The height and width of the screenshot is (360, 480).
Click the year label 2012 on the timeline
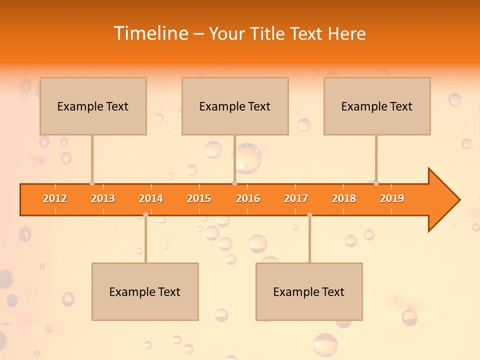[55, 198]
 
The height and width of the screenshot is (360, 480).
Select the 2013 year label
[103, 198]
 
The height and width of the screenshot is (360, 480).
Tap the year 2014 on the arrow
[151, 198]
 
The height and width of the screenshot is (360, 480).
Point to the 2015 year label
[199, 198]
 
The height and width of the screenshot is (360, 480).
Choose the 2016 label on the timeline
[248, 198]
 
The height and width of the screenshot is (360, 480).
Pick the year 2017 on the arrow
[296, 198]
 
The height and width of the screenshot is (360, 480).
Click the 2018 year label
[344, 198]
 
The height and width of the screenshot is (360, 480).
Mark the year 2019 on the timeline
[392, 198]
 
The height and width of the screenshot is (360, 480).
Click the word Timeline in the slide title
[150, 33]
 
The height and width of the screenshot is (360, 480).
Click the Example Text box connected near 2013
[93, 106]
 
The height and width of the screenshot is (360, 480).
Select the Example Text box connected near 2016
[235, 106]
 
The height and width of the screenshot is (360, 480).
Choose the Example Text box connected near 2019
[377, 106]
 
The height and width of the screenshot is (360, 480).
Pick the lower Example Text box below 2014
[145, 291]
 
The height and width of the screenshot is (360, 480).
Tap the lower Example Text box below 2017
[309, 291]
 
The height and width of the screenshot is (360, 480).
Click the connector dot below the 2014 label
[145, 215]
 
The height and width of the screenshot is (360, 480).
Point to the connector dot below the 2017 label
[309, 215]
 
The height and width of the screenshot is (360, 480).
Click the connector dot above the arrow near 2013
[92, 183]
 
